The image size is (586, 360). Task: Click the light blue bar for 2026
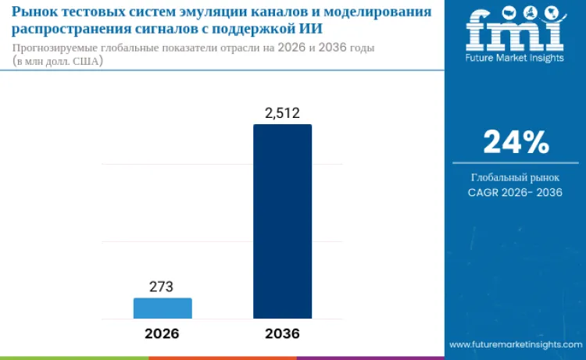pos(163,308)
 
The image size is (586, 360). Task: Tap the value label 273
pos(161,287)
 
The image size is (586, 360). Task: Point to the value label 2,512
pos(282,113)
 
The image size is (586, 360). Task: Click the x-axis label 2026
pos(162,333)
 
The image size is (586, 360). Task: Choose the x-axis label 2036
pos(282,333)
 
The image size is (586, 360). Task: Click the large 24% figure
pos(516,141)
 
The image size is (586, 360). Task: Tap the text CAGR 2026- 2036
pos(516,192)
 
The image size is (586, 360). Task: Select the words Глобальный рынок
pos(516,177)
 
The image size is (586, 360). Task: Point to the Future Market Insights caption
pos(515,58)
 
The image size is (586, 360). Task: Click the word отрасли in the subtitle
pos(264,48)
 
